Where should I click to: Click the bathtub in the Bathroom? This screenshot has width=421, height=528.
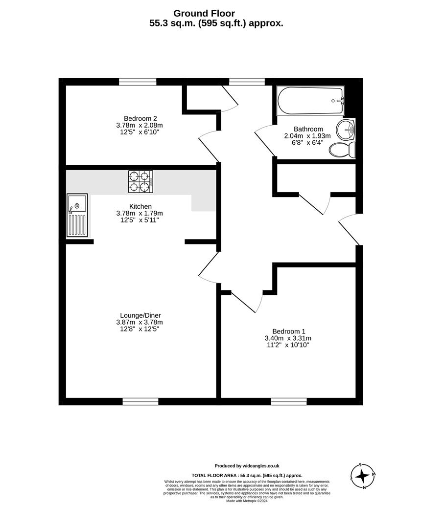310,101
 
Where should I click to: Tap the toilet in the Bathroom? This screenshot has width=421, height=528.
342,150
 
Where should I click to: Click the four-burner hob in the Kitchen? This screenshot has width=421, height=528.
140,181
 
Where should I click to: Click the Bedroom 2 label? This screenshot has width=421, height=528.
140,118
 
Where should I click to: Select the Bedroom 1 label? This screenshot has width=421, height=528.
288,330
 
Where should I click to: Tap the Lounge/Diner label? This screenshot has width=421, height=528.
140,315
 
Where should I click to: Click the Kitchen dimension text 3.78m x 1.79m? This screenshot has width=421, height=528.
140,213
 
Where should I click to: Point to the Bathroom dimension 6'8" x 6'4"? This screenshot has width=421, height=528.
308,143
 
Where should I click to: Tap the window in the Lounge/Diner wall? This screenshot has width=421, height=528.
140,401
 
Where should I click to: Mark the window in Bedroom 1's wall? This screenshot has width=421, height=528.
289,401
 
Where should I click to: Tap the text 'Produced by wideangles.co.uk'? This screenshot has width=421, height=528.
247,466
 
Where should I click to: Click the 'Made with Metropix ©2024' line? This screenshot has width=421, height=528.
247,501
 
